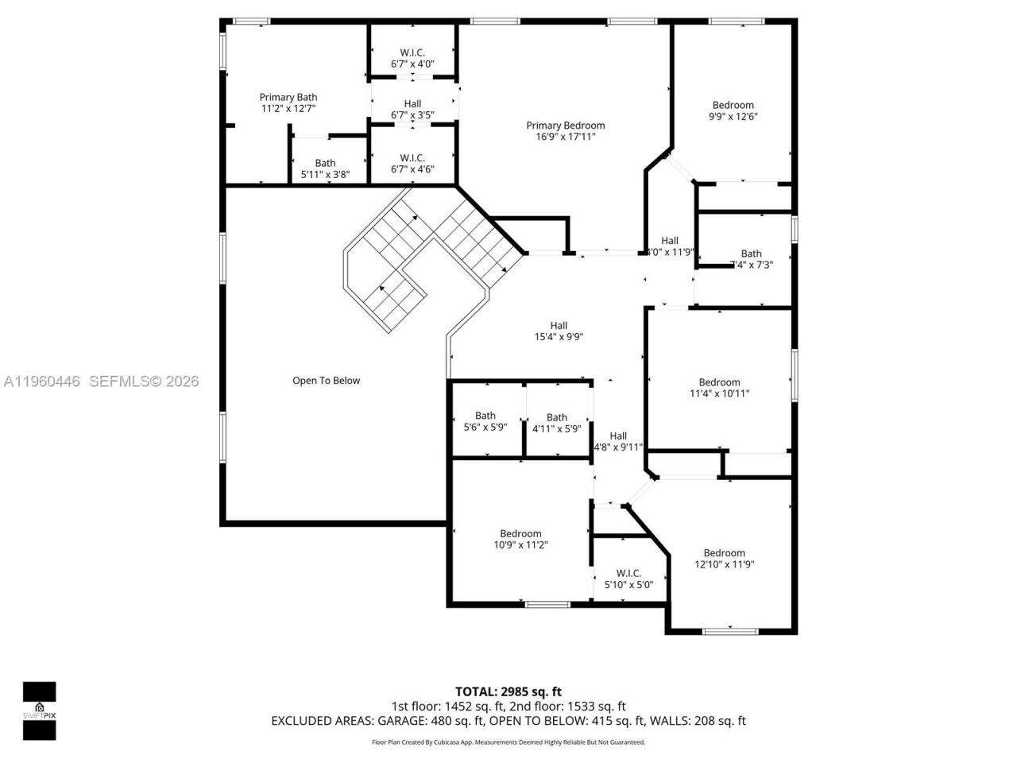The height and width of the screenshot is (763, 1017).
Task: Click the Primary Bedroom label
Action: coord(565,126)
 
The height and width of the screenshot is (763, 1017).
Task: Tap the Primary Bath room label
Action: coord(288,98)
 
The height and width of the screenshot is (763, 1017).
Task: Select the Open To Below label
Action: coord(326,381)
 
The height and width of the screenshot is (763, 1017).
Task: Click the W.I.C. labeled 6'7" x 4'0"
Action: coord(412,57)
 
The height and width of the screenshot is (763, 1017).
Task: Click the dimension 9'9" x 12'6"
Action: coord(733,116)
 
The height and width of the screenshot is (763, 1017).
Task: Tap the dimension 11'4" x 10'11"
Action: coord(719,393)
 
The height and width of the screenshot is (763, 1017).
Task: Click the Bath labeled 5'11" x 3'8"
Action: coord(324,168)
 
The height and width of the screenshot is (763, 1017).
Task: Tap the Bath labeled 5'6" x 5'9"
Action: coord(485,421)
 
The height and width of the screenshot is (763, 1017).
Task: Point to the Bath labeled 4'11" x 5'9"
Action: coord(556,423)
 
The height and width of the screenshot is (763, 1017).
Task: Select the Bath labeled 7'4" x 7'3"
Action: coord(751,260)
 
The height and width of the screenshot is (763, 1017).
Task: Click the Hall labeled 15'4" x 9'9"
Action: coord(559,331)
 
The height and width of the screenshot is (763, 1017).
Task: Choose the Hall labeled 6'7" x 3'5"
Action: coord(412,110)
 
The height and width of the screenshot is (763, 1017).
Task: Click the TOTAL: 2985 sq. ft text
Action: coord(508,691)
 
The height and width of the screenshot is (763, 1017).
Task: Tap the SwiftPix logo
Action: coord(39,711)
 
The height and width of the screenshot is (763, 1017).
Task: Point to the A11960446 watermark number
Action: coord(42,381)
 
